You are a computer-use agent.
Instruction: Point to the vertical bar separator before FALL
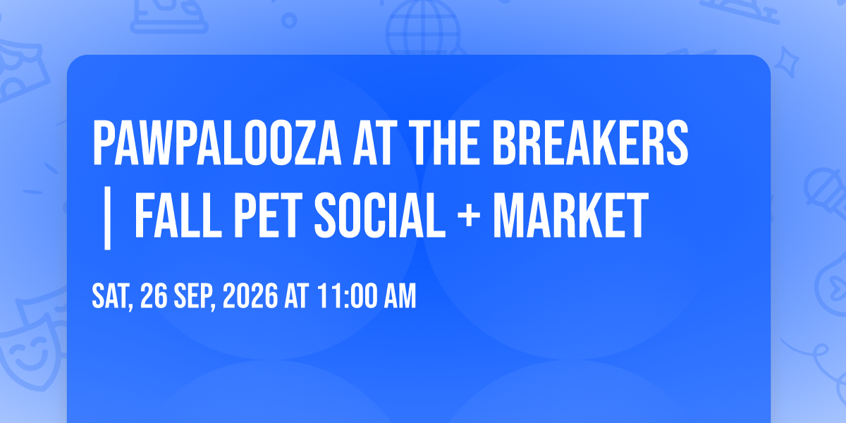click(x=108, y=218)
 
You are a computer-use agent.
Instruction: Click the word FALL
click(x=178, y=215)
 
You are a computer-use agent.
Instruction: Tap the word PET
click(x=269, y=215)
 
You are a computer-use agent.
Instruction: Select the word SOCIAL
click(x=380, y=215)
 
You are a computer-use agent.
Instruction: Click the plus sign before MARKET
click(x=469, y=216)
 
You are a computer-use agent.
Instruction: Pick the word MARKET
click(x=570, y=215)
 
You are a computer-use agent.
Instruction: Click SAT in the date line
click(x=112, y=297)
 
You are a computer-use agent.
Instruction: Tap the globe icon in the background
click(x=424, y=27)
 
